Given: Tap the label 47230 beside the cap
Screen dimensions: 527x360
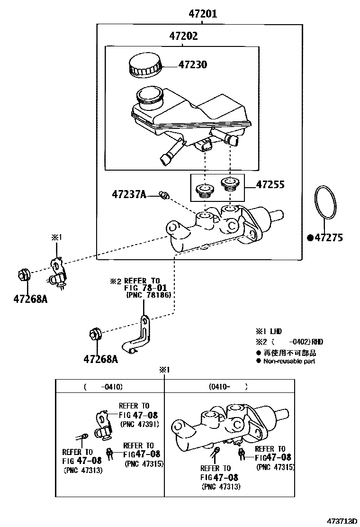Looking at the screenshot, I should [192, 65].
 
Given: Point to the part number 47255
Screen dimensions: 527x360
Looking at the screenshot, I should [270, 184].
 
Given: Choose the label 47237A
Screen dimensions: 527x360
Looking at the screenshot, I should [129, 194].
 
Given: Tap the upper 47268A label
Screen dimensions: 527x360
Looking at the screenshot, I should [30, 300].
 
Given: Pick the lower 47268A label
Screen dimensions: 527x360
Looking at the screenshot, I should [100, 359].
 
